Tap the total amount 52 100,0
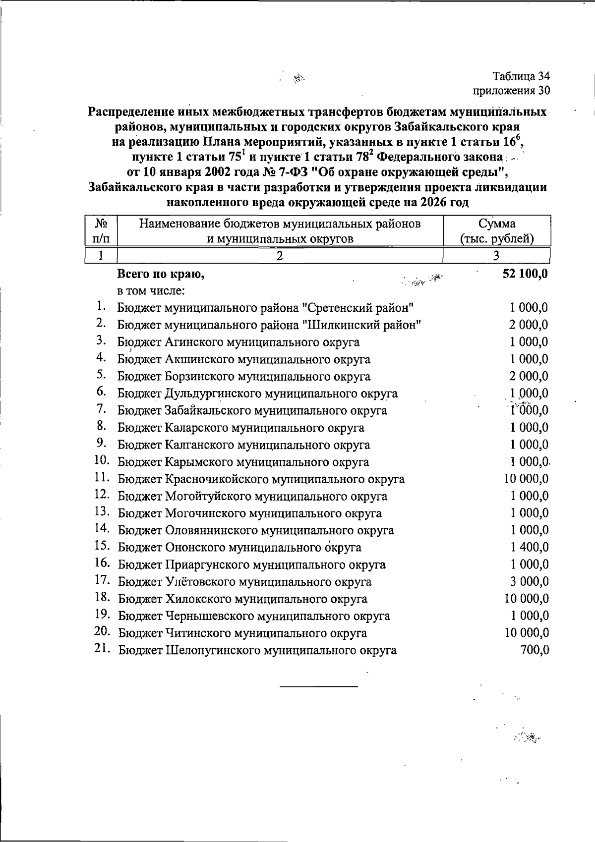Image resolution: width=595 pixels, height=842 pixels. coord(525,274)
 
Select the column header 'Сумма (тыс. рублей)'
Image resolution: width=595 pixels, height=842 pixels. coord(497,231)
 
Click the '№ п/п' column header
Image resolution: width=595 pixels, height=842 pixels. coord(101,231)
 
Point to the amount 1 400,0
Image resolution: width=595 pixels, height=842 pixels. coord(530,548)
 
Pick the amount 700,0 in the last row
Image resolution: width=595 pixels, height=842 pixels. coord(535,650)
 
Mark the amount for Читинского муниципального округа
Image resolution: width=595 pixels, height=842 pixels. coord(527,633)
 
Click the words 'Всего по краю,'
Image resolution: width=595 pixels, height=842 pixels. coord(161,274)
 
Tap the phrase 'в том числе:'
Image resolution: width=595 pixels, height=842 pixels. coord(151,290)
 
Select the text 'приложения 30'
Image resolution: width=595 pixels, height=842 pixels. coord(511,91)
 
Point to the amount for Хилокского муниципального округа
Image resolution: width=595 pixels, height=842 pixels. coord(527,599)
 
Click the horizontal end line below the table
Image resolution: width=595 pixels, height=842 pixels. coord(318,686)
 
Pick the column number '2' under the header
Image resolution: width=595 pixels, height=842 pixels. coord(280,256)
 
